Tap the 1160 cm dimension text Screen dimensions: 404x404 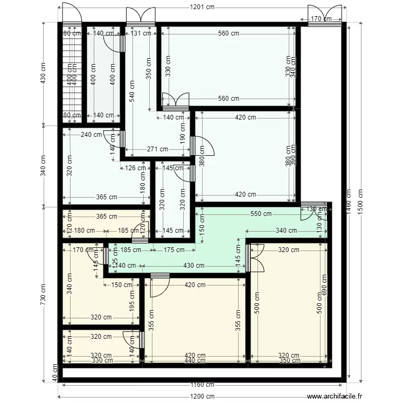(x=202, y=385)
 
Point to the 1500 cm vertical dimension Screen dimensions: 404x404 (x=360, y=201)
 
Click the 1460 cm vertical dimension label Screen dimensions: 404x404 (x=349, y=201)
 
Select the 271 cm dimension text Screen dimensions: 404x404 (x=157, y=149)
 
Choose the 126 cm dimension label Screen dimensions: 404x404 (x=131, y=168)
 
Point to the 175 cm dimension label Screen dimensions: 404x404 (x=172, y=249)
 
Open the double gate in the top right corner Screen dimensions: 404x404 (x=325, y=13)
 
